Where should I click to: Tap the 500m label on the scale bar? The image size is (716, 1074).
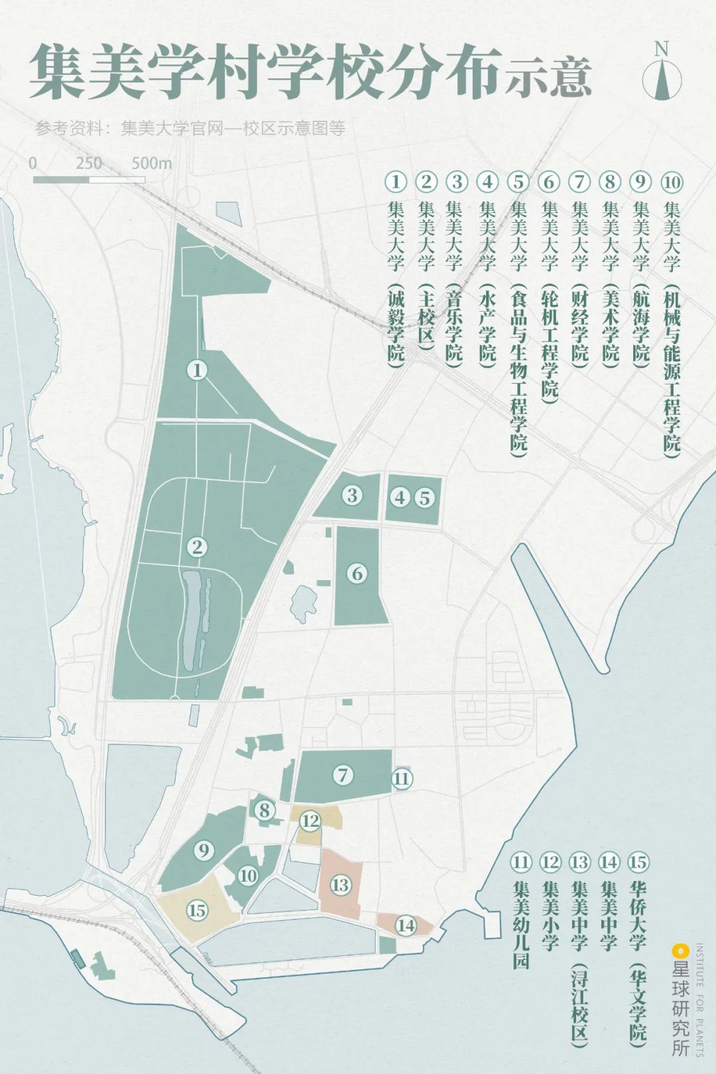151,163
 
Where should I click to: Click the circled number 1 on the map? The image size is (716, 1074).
197,369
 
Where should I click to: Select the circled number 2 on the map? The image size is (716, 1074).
197,547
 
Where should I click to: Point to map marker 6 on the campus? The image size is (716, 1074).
357,573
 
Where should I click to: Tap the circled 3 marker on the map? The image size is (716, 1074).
352,495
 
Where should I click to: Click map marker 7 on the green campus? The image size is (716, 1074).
343,774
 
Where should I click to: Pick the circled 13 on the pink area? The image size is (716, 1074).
340,885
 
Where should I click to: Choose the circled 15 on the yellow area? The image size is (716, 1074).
197,910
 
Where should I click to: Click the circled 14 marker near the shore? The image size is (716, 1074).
406,925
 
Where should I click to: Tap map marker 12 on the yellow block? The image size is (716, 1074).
310,821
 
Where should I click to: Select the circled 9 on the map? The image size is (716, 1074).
204,851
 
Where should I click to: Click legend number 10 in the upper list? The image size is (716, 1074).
672,182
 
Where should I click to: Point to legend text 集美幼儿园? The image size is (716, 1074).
521,924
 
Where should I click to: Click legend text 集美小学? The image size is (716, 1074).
550,916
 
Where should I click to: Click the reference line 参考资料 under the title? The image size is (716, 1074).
191,128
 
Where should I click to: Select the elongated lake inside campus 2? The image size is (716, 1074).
194,620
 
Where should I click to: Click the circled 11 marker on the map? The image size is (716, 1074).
401,778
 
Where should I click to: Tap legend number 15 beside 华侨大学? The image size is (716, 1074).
638,862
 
